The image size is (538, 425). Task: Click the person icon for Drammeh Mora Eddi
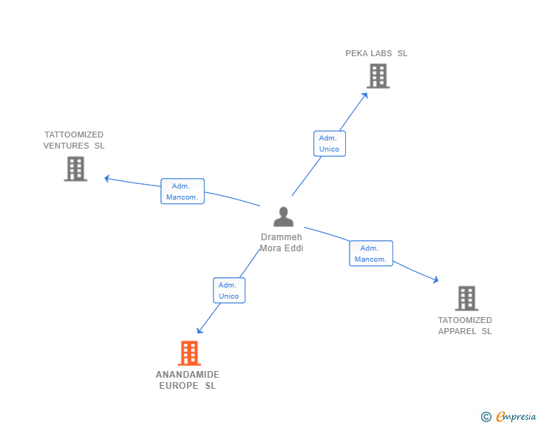tap(283, 217)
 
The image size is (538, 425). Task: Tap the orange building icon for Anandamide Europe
tap(189, 353)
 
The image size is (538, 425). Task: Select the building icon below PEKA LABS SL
tap(378, 75)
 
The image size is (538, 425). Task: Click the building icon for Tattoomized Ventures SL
tap(75, 169)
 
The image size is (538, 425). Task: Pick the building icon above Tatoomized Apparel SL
tap(466, 298)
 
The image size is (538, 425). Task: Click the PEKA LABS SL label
tap(376, 53)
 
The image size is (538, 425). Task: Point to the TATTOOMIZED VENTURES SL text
tap(74, 140)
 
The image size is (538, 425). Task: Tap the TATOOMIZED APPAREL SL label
tap(465, 325)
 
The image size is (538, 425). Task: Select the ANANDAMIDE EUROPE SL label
tap(188, 380)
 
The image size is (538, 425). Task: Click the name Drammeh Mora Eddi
tap(282, 242)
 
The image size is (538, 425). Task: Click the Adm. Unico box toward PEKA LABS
tap(329, 143)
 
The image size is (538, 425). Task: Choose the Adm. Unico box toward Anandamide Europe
tap(228, 290)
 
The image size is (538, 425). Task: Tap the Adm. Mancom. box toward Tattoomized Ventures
tap(182, 191)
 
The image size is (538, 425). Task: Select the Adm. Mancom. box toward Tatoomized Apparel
tap(370, 254)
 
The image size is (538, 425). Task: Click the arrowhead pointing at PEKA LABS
tap(365, 94)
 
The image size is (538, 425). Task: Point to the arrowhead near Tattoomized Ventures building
tap(107, 178)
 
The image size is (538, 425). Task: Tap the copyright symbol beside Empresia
tap(486, 417)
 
